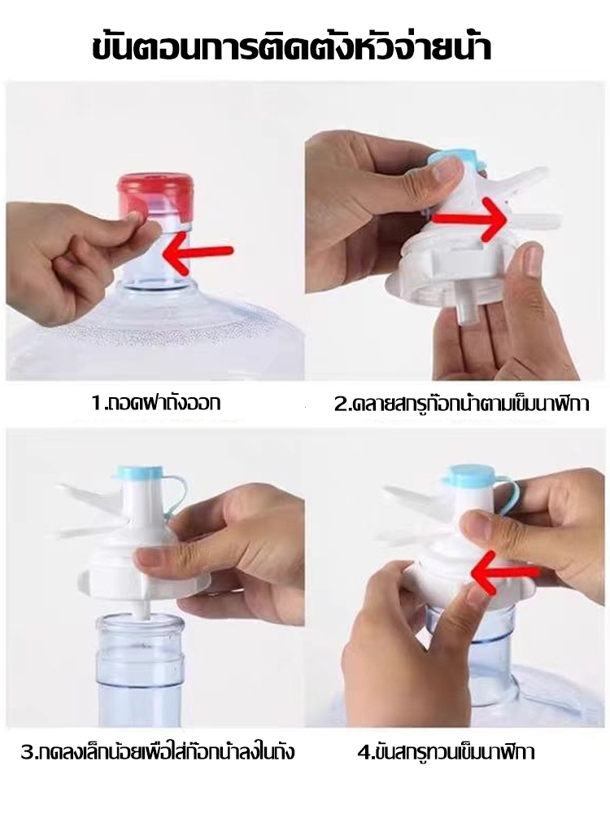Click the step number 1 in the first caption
click(x=95, y=402)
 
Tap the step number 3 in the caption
click(x=27, y=751)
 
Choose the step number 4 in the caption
click(x=363, y=751)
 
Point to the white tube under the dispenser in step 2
click(x=468, y=303)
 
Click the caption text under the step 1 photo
click(x=155, y=401)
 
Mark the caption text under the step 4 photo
click(x=446, y=751)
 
